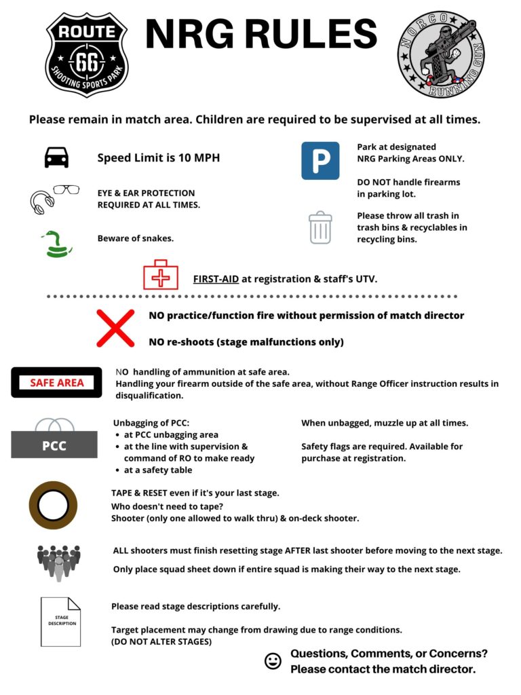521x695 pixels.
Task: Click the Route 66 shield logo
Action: (x=86, y=54)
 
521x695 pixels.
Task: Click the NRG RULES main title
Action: (x=261, y=35)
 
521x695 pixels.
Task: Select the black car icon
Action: (x=56, y=157)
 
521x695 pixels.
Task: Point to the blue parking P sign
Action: (x=320, y=161)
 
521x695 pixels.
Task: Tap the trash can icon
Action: (x=320, y=227)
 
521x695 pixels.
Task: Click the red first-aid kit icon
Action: (x=160, y=275)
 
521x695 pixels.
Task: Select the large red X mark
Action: (x=115, y=328)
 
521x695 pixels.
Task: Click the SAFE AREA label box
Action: (x=56, y=382)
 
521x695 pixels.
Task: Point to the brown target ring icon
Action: (x=53, y=505)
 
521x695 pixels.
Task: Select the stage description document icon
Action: (x=60, y=621)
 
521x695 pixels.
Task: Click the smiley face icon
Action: (x=273, y=661)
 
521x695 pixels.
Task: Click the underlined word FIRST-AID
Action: (x=216, y=279)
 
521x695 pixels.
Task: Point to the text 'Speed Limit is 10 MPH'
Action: (x=158, y=158)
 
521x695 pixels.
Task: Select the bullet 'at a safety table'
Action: (x=157, y=470)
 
